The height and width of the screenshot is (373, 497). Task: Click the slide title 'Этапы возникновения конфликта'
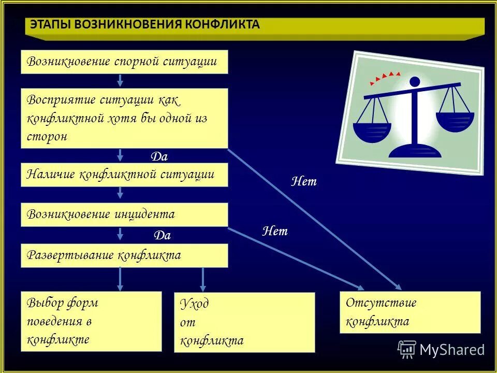[x=144, y=25]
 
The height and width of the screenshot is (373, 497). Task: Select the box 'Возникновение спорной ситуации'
[x=124, y=62]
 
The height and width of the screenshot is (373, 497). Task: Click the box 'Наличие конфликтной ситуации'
[x=124, y=175]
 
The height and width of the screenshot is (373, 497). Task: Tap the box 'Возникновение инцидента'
[x=124, y=214]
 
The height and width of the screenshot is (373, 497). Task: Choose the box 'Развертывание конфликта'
[x=124, y=255]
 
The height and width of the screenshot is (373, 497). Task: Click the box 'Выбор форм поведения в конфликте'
[x=91, y=321]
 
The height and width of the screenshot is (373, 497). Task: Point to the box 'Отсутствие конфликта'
[x=410, y=312]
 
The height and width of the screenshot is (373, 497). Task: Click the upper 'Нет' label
[x=304, y=182]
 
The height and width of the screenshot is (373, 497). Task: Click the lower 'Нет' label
[x=275, y=231]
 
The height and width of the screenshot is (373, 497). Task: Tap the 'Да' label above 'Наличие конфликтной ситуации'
[x=159, y=156]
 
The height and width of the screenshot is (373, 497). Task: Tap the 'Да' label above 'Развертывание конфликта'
[x=162, y=236]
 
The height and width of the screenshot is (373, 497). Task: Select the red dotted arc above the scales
[x=384, y=78]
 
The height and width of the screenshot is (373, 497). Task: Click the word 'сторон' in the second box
[x=47, y=137]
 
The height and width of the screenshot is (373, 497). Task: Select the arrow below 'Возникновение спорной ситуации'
[x=120, y=80]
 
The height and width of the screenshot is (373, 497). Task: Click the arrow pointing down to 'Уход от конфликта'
[x=202, y=280]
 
